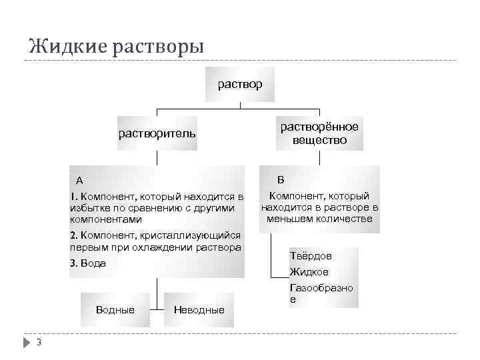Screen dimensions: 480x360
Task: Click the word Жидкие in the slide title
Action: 62,47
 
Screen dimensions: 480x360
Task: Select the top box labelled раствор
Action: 240,85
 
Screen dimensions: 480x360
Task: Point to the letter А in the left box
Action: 79,180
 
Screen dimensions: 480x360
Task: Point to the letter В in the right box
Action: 281,179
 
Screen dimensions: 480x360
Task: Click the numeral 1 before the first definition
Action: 73,197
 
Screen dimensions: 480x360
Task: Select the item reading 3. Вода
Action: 88,263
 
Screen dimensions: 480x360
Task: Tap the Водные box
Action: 115,310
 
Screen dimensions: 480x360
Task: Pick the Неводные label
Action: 199,310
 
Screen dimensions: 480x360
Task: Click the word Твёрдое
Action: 311,256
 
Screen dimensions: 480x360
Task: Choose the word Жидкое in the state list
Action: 309,272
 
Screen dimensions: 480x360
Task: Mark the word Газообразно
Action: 321,288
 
